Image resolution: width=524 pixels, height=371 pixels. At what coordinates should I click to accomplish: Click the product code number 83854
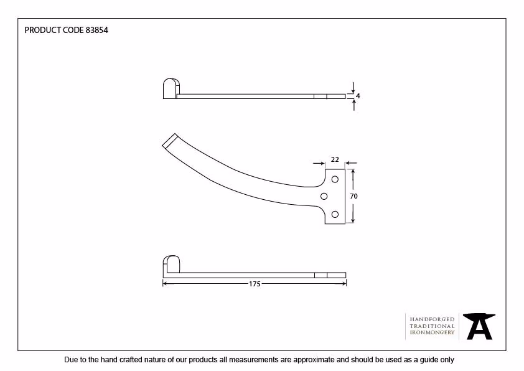point(97,30)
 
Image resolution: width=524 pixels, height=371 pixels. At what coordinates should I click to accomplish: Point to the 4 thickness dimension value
point(358,96)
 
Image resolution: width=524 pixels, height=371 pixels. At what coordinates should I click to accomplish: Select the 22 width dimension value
point(335,159)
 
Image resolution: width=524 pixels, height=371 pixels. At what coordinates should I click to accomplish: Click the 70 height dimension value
point(353,196)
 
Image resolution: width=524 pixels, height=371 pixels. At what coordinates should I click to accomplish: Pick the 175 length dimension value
point(255,284)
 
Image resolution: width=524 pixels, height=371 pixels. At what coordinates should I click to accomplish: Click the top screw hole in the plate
point(335,179)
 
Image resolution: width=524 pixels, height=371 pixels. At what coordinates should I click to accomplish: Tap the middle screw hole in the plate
point(324,196)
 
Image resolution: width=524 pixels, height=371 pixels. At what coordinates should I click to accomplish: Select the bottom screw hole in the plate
point(335,214)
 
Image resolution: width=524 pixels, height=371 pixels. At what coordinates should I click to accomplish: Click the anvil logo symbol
point(479,326)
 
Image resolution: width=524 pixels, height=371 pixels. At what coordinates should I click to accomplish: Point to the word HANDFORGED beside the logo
point(432,319)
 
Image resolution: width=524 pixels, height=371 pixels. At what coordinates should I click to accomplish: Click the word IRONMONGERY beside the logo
point(432,332)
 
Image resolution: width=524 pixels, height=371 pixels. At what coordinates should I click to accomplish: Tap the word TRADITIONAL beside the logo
point(432,326)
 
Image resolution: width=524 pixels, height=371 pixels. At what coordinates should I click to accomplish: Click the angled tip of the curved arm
point(169,140)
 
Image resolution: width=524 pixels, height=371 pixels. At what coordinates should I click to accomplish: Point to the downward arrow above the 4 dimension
point(353,88)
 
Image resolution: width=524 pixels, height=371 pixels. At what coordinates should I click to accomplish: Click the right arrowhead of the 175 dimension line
point(345,284)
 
